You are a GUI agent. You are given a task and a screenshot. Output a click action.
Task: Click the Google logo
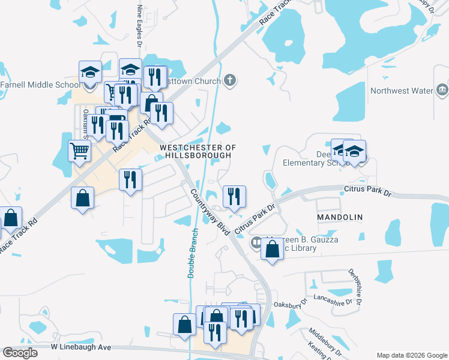point(20,353)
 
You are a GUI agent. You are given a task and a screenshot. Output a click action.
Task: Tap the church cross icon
point(229,80)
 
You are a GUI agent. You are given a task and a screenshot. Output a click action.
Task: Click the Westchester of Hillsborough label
point(196,151)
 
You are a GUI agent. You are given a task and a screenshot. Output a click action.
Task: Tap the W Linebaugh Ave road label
point(81,347)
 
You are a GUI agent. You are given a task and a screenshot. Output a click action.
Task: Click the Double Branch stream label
point(191,252)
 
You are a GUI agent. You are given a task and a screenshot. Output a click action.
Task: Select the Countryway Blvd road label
point(211,212)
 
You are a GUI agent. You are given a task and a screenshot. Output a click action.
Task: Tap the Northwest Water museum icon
point(442,91)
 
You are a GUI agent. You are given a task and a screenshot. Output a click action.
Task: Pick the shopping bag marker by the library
point(273,248)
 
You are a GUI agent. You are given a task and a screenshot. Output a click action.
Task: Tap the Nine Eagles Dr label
point(140,26)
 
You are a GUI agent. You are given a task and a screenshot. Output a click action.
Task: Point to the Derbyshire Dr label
point(354,286)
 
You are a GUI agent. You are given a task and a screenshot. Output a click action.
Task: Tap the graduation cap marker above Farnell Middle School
point(90,72)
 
